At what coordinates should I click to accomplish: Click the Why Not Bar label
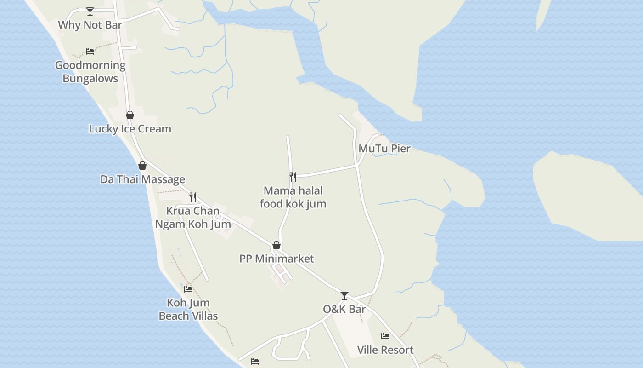[x=90, y=25]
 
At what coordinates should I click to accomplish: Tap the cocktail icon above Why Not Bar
[x=90, y=11]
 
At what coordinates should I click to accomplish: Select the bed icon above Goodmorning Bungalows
[x=90, y=51]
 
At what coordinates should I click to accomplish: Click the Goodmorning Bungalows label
[x=90, y=72]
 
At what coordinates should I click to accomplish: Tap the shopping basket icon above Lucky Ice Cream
[x=130, y=115]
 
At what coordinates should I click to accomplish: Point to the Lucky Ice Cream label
[x=130, y=129]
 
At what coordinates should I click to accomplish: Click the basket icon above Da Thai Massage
[x=142, y=166]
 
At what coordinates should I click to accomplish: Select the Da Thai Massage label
[x=143, y=179]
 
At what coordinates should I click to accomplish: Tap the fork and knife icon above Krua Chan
[x=193, y=197]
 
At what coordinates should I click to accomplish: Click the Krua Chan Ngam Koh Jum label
[x=193, y=218]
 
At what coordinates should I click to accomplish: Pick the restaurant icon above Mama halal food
[x=293, y=177]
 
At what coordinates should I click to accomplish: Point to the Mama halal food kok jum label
[x=293, y=197]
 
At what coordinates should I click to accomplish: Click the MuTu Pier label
[x=384, y=149]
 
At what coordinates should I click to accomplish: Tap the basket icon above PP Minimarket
[x=276, y=245]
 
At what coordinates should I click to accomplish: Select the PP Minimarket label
[x=276, y=259]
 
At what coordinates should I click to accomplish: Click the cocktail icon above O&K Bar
[x=344, y=295]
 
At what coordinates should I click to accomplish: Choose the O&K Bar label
[x=344, y=309]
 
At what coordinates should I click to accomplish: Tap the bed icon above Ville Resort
[x=385, y=336]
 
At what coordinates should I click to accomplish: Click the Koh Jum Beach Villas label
[x=188, y=309]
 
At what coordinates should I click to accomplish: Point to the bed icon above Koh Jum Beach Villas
[x=188, y=289]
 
